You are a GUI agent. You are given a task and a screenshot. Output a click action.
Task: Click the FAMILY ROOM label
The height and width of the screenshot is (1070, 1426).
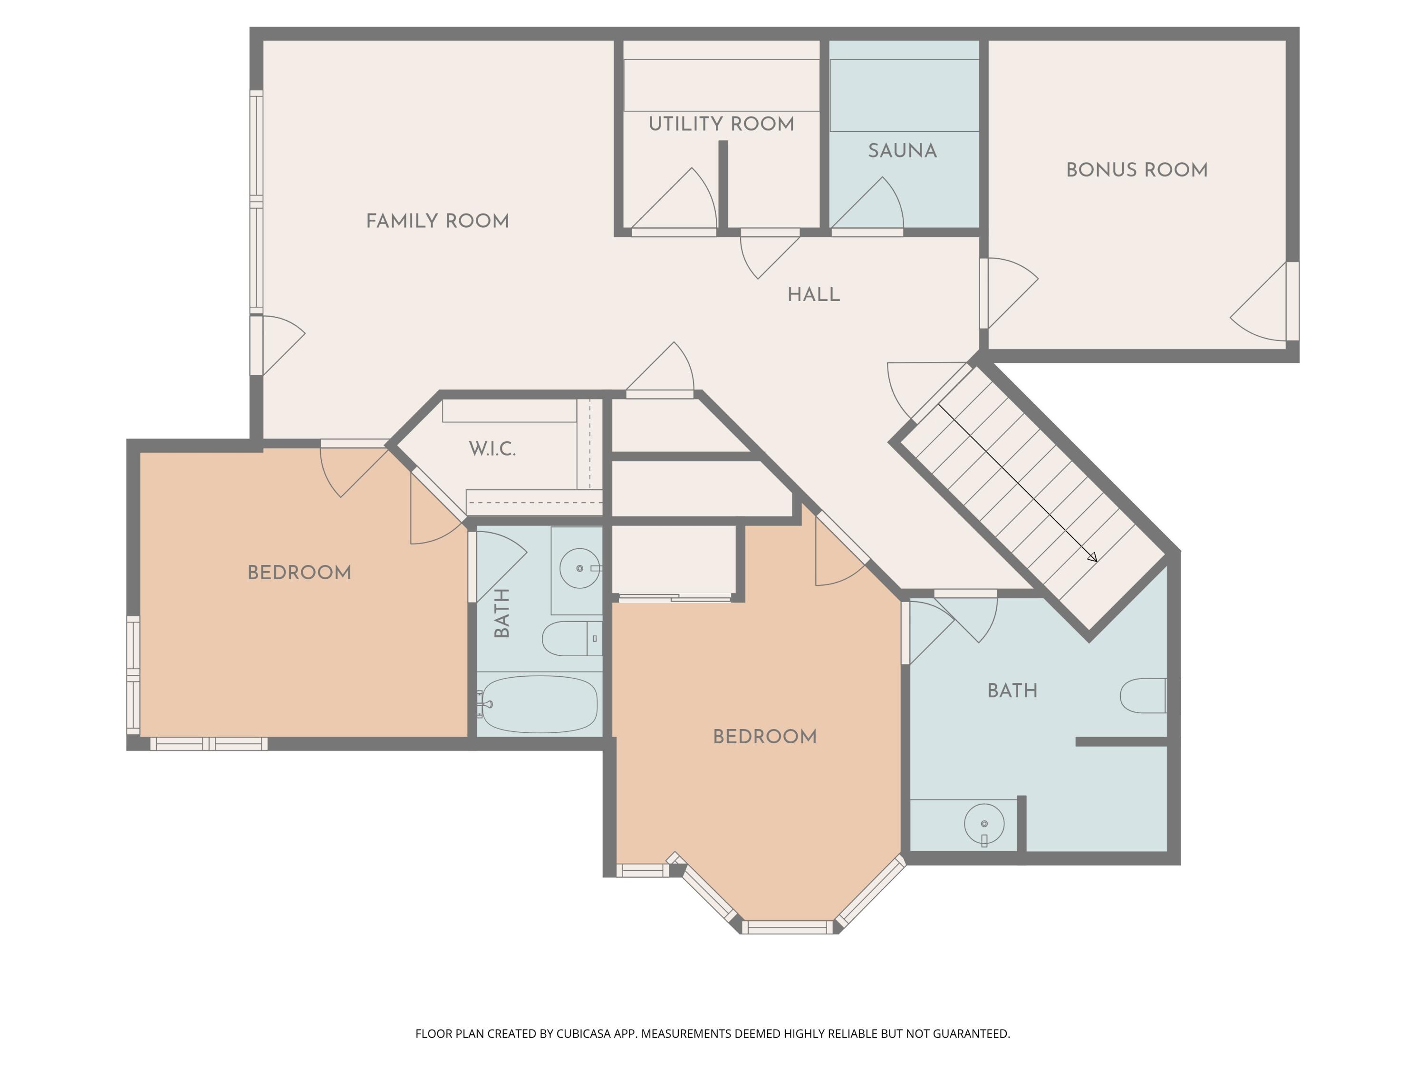[x=437, y=221]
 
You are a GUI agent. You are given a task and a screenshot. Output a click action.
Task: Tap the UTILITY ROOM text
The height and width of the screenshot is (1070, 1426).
[x=722, y=124]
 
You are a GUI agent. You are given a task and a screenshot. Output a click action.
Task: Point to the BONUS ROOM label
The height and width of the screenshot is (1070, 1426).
[x=1137, y=170]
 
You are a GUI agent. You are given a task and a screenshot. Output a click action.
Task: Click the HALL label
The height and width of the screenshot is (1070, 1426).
[x=814, y=295]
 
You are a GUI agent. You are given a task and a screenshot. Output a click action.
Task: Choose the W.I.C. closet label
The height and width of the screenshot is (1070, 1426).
[x=492, y=449]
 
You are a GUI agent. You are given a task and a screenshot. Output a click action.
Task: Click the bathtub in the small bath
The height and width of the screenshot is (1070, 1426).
[x=540, y=704]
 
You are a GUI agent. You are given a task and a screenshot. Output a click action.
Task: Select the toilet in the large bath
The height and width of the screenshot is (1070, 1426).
[x=1143, y=695]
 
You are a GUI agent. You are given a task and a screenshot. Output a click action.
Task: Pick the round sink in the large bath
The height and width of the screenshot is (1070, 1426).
[x=984, y=824]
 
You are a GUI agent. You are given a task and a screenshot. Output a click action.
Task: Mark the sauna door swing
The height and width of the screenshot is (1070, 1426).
[x=867, y=203]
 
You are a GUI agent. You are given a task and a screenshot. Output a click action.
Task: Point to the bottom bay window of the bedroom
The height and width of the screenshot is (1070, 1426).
[x=787, y=927]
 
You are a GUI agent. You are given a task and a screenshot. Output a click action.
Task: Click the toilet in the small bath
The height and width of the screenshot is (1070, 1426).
[x=572, y=639]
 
